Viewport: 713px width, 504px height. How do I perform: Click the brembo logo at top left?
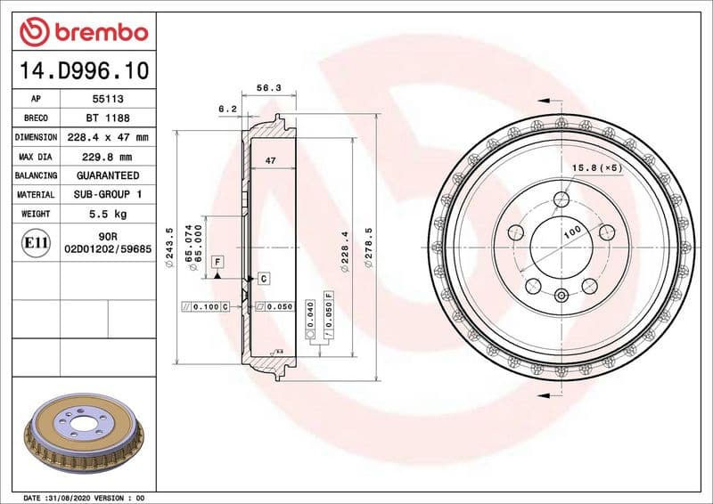pos(82,33)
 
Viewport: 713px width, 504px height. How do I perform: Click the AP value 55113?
pos(108,99)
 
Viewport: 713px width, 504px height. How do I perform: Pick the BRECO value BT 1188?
pos(108,118)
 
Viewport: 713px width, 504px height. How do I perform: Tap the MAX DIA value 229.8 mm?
pos(108,157)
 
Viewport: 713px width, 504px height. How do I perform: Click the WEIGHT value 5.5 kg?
pos(108,214)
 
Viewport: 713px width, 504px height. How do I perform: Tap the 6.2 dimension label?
pos(227,108)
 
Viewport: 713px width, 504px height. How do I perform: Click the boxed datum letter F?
pos(217,262)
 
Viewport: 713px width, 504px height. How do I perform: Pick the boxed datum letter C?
pos(264,279)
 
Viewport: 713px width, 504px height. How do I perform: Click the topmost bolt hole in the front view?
pos(561,199)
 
